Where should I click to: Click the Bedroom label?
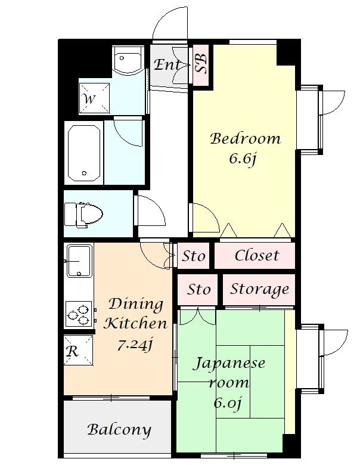point(245,139)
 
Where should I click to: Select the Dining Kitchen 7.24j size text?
point(135,345)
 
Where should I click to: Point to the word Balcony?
point(119,430)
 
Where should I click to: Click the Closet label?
point(257,255)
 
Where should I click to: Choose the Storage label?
point(259,289)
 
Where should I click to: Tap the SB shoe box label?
point(201,64)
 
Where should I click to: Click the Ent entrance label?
point(167,64)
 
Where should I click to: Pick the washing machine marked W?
point(94,98)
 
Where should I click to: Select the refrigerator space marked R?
point(78,350)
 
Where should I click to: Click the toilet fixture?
point(83,215)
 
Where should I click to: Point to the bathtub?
point(84,153)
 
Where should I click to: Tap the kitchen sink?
point(79,261)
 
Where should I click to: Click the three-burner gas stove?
point(79,314)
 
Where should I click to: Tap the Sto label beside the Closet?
point(193,256)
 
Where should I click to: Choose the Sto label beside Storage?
point(198,289)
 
